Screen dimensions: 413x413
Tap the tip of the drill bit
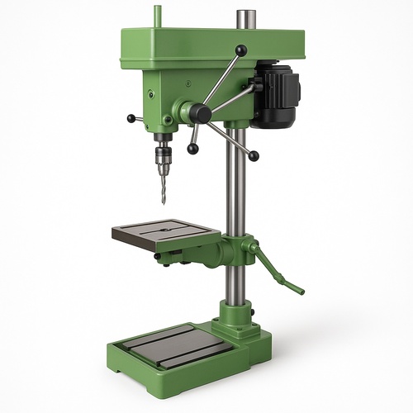164,202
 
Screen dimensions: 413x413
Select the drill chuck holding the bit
163,156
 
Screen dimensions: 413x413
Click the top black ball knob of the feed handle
240,50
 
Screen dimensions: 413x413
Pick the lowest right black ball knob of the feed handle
254,156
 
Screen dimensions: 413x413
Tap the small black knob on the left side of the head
131,119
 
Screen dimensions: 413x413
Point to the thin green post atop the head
157,17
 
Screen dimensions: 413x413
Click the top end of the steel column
245,15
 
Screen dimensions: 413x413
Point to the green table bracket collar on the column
234,249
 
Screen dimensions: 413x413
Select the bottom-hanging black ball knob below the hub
192,149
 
